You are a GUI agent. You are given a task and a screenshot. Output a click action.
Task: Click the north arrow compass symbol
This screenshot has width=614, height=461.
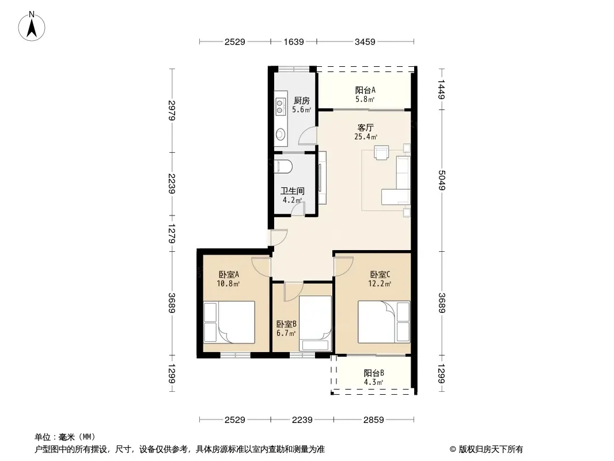(x=32, y=27)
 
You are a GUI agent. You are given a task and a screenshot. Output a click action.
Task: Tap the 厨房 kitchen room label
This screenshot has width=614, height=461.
(x=301, y=101)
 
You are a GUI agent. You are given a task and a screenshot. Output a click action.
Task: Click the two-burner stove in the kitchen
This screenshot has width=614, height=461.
(x=280, y=107)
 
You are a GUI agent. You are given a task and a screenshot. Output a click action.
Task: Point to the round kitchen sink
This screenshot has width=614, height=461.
(x=281, y=134)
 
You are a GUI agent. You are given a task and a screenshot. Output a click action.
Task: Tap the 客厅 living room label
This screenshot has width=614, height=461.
(x=366, y=128)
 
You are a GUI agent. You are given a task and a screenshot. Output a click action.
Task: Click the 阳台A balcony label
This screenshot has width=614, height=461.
(x=365, y=90)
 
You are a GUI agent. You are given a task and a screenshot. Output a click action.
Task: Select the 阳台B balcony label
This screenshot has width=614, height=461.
(x=374, y=373)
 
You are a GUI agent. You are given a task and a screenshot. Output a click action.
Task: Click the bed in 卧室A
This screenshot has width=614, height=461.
(x=229, y=322)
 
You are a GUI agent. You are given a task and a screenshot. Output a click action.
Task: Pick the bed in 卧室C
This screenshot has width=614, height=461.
(x=384, y=322)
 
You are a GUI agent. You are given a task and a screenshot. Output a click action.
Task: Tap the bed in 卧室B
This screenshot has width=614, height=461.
(x=315, y=323)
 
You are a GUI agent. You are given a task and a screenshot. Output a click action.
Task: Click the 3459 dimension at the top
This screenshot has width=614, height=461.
(x=365, y=41)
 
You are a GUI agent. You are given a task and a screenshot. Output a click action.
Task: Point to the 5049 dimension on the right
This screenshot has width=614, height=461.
(x=442, y=180)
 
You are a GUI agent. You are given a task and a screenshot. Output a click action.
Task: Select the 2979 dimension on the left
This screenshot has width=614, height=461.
(x=172, y=111)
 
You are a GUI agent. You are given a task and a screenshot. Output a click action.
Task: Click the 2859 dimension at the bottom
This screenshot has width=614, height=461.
(x=374, y=420)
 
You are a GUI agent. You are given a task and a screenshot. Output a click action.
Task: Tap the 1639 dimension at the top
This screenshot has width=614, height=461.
(x=294, y=41)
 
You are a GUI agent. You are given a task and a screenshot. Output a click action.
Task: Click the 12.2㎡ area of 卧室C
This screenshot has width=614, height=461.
(x=380, y=284)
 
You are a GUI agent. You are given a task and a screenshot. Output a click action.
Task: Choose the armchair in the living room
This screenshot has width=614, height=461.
(x=381, y=152)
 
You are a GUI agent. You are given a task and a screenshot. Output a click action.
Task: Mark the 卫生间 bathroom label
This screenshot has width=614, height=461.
(x=293, y=191)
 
